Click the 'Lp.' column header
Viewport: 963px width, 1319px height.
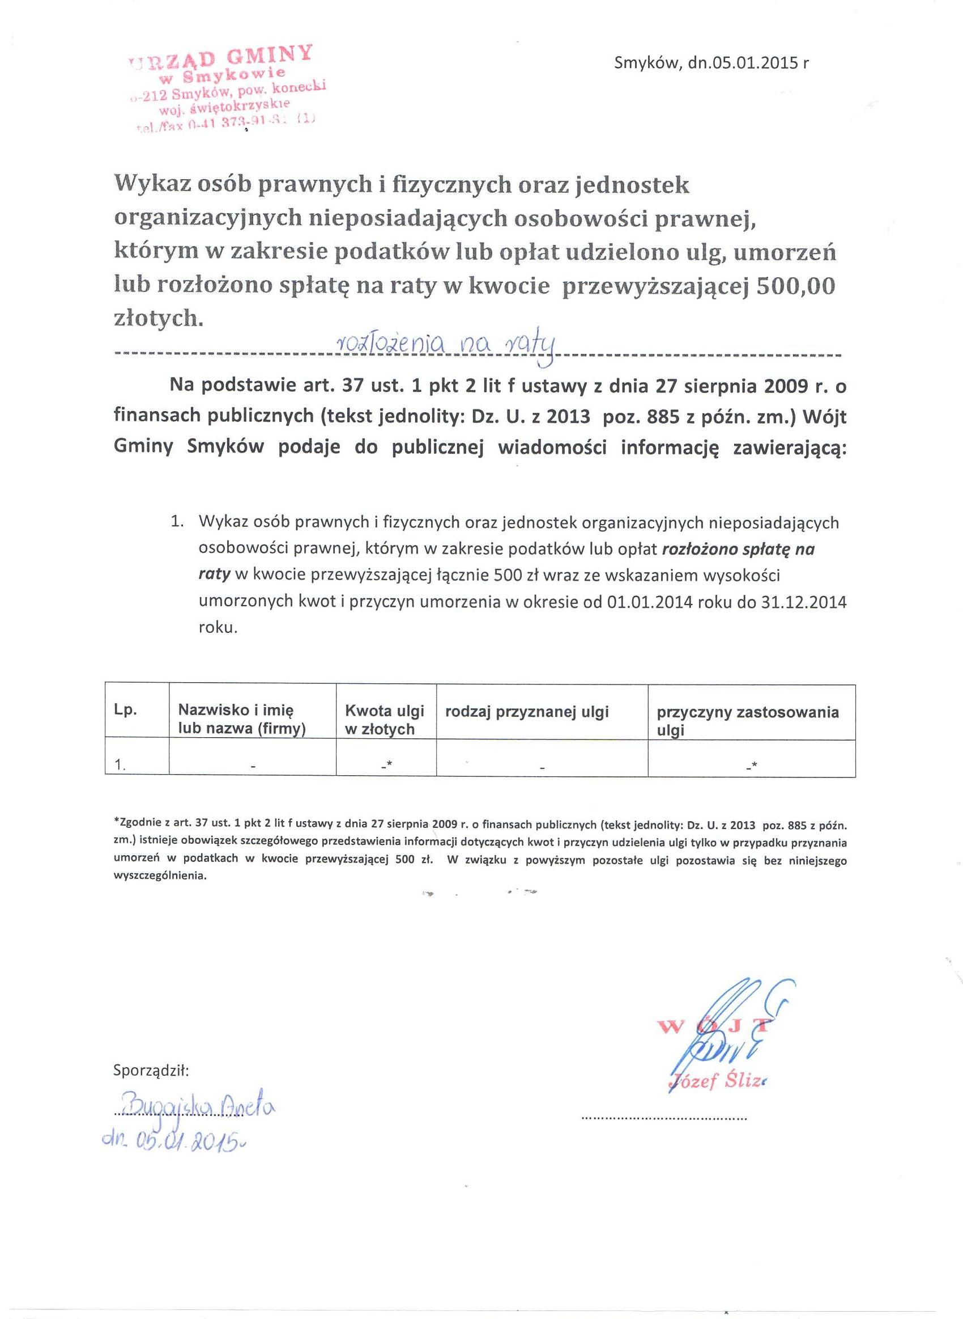[125, 711]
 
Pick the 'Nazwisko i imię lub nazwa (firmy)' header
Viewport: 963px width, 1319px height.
[242, 719]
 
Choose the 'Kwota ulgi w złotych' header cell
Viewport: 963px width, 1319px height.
[385, 719]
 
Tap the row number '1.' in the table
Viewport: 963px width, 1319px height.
[121, 765]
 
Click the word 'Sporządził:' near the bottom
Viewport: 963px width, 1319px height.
[151, 1071]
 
